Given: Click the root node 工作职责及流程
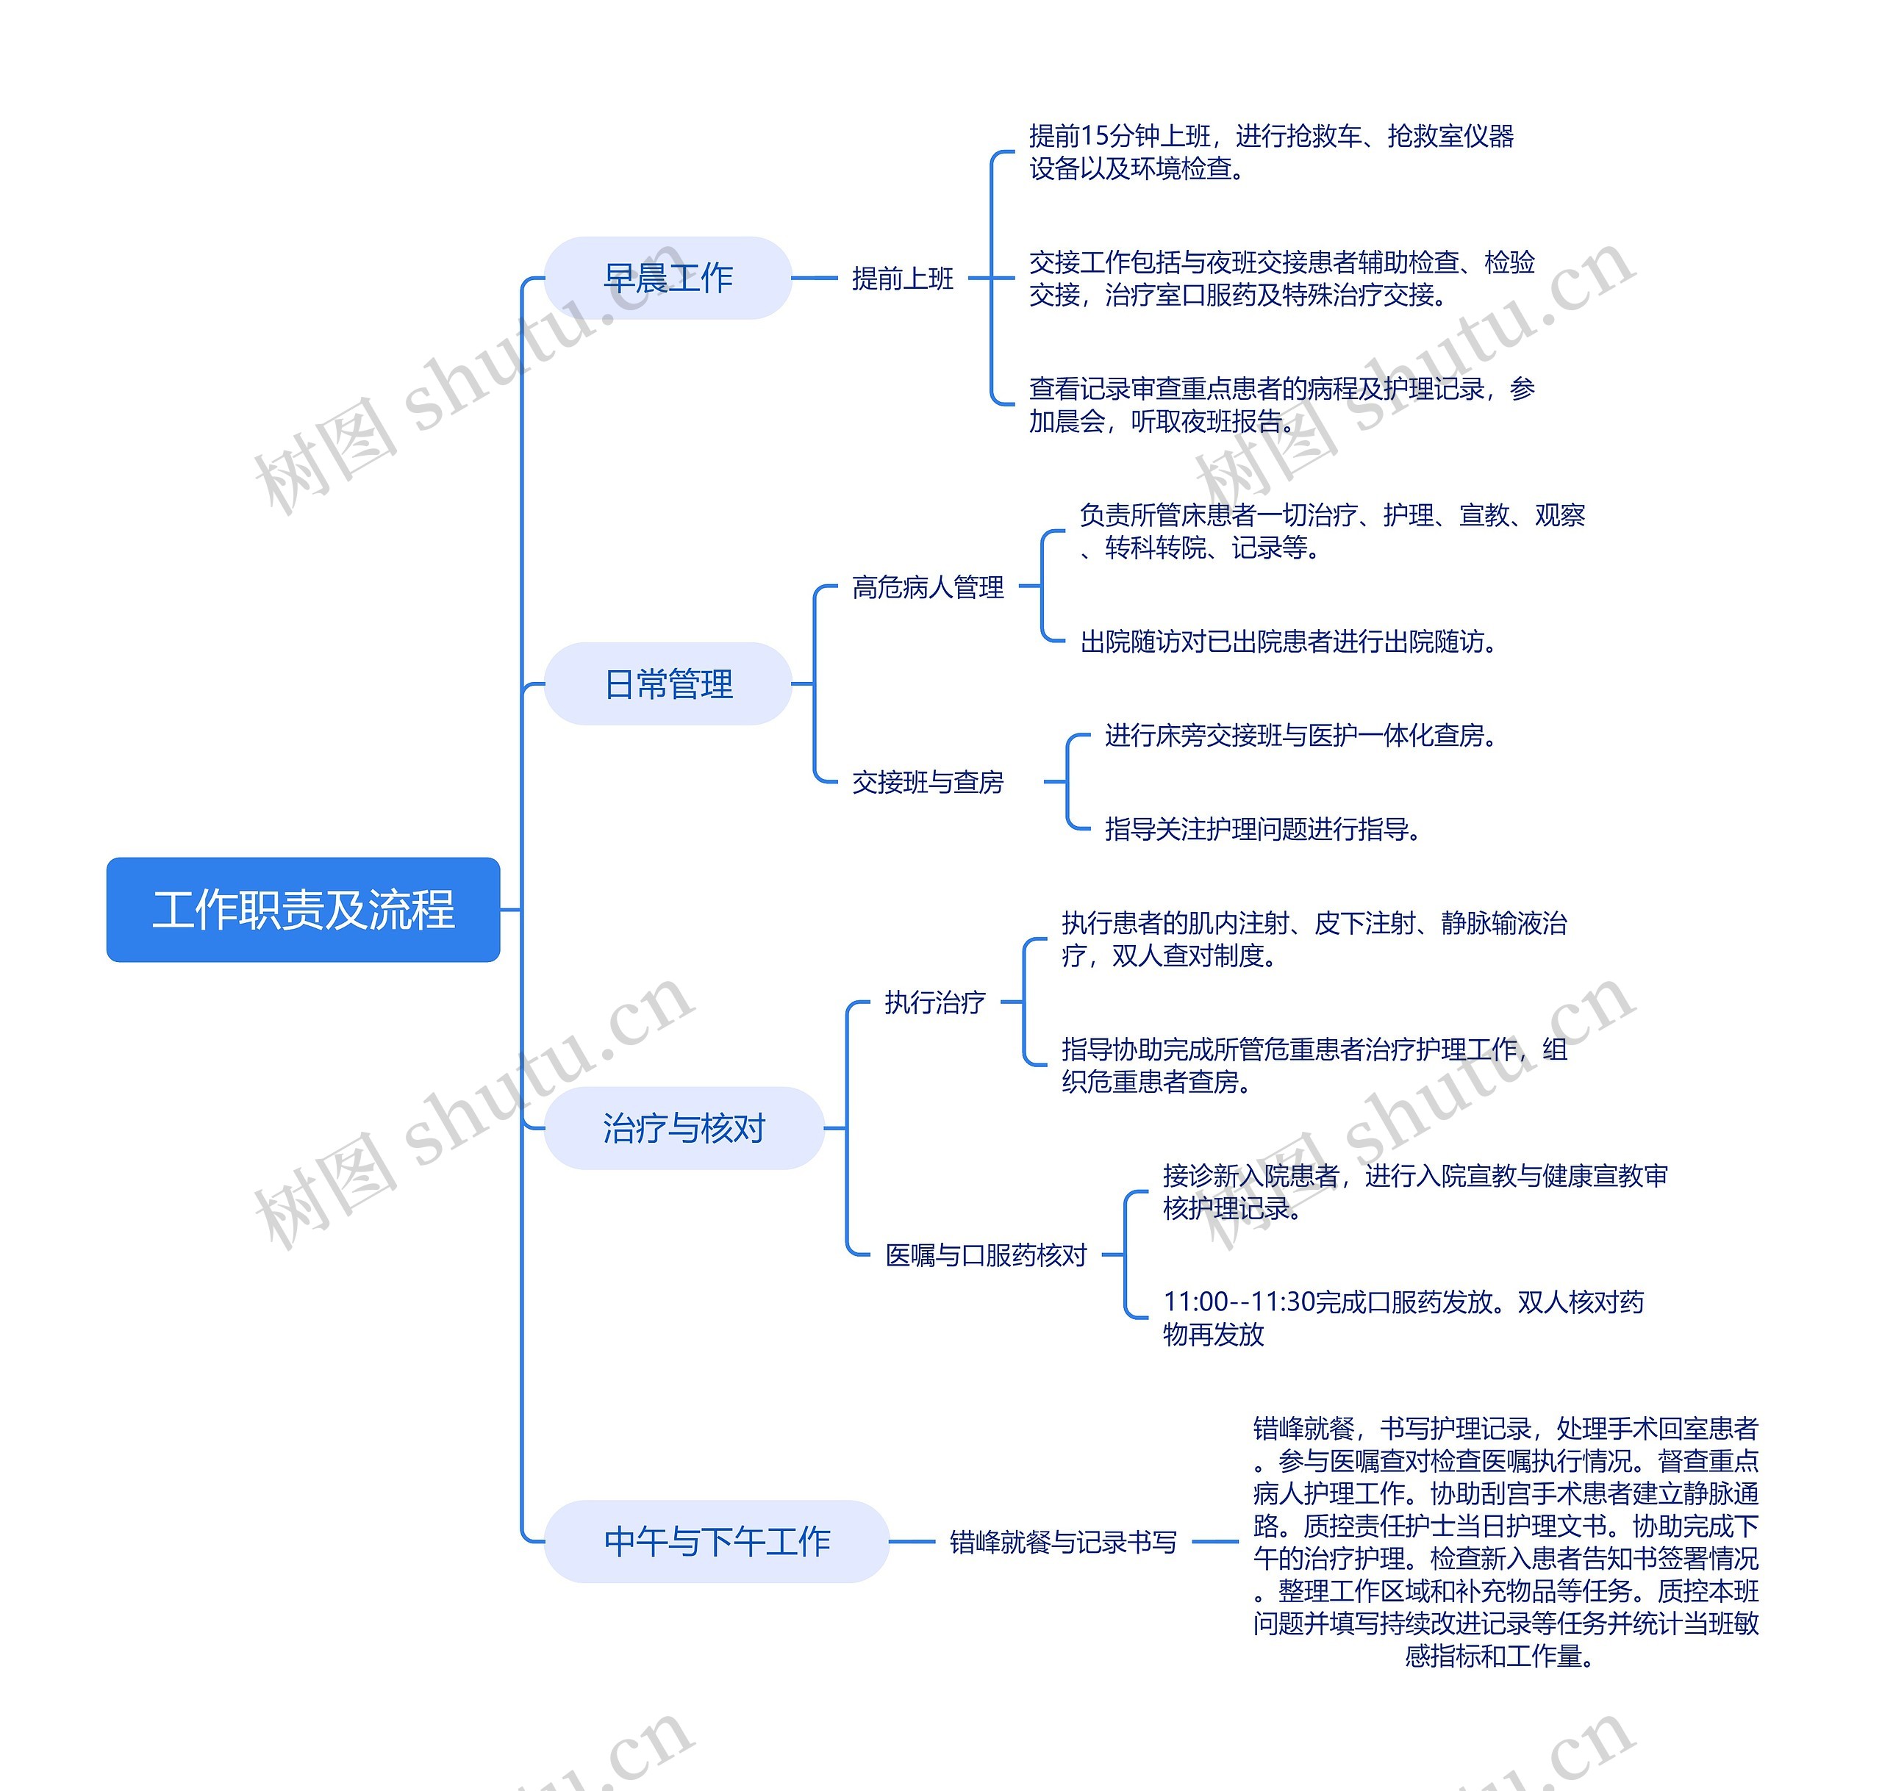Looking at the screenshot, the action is coord(303,909).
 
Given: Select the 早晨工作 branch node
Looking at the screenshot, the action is coord(668,278).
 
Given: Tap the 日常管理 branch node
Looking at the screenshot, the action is coord(668,683).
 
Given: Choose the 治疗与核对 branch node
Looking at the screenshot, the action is coord(683,1127).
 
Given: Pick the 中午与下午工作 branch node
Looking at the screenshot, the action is coord(716,1541).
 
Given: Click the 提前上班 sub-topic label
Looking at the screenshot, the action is coord(902,278).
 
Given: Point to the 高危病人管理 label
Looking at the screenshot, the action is coord(927,586).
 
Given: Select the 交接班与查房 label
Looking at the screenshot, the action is coord(927,782).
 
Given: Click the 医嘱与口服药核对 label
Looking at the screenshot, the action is coord(985,1255).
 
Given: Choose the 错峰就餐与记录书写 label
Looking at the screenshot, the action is coord(1063,1541).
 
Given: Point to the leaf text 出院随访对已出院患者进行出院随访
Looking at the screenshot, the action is coord(1287,642).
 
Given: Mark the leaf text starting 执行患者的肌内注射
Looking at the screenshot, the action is coord(1314,938).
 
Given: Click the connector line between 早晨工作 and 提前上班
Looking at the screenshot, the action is coord(815,278).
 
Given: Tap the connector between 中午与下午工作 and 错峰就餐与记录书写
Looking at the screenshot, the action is coord(912,1541).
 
